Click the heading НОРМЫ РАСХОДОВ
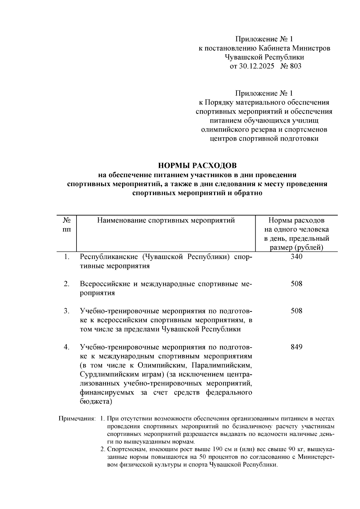click(197, 165)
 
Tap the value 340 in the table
click(296, 257)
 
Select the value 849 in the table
click(296, 347)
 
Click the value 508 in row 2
click(296, 284)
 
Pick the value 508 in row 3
click(296, 311)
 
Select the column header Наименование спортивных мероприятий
click(166, 221)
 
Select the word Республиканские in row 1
click(109, 257)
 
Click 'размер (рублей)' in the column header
click(296, 248)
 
